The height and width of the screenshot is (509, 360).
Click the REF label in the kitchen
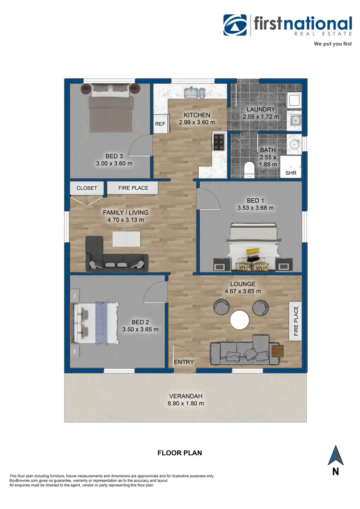(x=160, y=124)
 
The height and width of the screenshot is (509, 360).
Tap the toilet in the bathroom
(x=249, y=170)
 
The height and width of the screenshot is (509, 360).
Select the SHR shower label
(x=291, y=172)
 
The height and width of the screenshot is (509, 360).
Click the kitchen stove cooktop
(x=219, y=142)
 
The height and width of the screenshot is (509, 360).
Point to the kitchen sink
(x=195, y=92)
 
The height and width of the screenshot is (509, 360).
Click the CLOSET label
(x=86, y=188)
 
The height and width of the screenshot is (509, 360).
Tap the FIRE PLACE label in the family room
(x=133, y=188)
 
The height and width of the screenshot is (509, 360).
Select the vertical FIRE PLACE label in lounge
(x=296, y=321)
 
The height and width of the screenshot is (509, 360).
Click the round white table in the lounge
(x=240, y=319)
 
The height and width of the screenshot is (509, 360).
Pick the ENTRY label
(x=183, y=363)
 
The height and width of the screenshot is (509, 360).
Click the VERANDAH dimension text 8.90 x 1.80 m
(x=186, y=403)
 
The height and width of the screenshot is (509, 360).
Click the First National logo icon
(x=236, y=25)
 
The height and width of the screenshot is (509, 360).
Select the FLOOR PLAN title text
(x=180, y=453)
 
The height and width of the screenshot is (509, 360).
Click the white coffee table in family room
(x=127, y=238)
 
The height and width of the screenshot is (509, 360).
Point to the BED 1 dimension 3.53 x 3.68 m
(x=255, y=208)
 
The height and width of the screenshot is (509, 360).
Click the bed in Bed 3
(x=111, y=109)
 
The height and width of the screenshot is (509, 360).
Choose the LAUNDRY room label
(x=261, y=109)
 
